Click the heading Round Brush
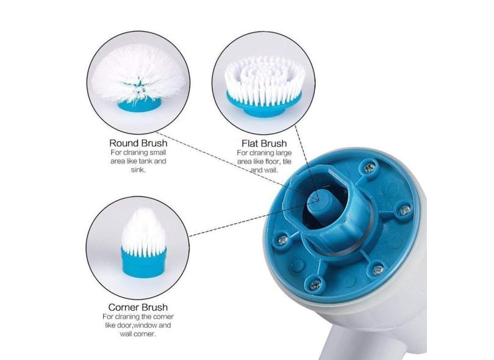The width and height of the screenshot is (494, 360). pos(138,143)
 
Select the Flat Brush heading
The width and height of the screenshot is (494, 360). pos(264,143)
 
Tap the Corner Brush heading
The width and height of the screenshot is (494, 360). pos(138,307)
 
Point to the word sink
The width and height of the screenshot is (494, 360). pos(138,170)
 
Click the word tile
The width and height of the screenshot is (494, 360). pos(287,162)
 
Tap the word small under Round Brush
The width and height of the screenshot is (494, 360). pos(158,153)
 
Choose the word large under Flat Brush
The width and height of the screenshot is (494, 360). pos(284,153)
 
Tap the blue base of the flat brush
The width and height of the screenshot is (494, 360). pos(264,104)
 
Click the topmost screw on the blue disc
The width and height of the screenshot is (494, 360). pos(370,168)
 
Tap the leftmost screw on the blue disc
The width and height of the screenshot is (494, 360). pos(283,240)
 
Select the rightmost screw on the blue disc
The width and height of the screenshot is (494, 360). pos(404,210)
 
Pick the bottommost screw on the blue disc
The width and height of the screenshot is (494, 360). pos(315,286)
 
